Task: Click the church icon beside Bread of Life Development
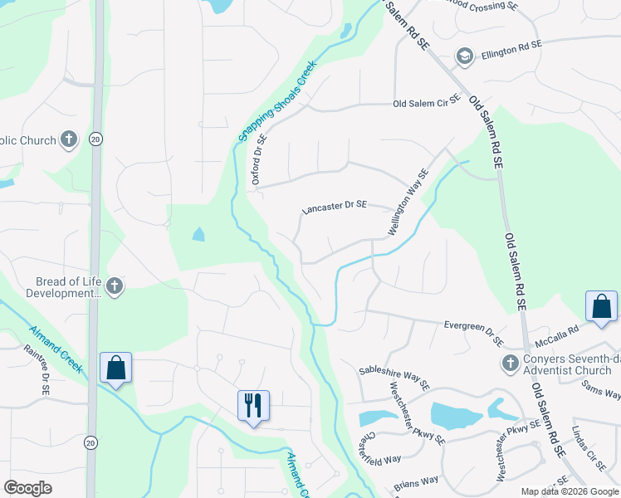coord(115,287)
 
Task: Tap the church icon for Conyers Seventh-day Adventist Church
coord(511,364)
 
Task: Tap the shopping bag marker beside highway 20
coord(115,367)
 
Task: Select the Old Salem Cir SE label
coord(426,104)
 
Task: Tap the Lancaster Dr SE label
coord(334,207)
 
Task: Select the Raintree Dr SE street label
coord(45,371)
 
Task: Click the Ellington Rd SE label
coord(511,43)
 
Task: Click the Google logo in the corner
coord(27,487)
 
